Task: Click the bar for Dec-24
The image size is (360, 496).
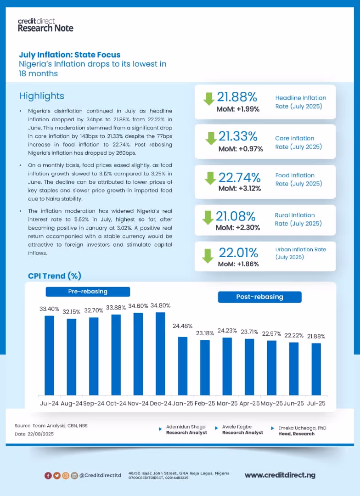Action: (160, 354)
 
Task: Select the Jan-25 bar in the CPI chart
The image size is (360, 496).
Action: (183, 366)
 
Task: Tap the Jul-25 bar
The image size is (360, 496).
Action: (316, 369)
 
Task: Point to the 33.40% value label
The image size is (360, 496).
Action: (49, 309)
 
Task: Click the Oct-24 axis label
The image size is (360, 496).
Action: (116, 403)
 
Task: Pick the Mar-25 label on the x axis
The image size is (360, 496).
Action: (227, 403)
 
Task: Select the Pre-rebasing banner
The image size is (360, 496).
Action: (88, 292)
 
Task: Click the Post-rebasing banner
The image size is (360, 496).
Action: (259, 297)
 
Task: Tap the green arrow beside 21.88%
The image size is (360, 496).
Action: (209, 98)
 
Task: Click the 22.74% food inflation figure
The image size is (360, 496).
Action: (239, 177)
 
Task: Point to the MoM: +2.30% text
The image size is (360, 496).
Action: (238, 227)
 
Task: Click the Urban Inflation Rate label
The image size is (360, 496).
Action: (300, 253)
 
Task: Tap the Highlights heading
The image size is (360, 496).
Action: (42, 96)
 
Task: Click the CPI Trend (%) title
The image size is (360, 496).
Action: (55, 276)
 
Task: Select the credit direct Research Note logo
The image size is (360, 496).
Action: (45, 25)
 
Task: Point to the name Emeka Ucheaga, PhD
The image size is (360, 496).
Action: (302, 428)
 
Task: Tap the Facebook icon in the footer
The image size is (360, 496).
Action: (48, 475)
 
